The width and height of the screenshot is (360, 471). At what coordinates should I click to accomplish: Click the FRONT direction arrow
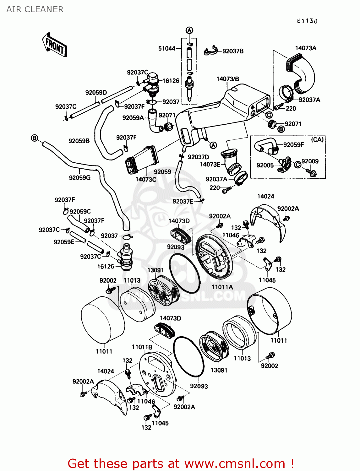(55, 45)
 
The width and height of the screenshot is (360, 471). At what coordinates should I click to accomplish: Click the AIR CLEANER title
(35, 9)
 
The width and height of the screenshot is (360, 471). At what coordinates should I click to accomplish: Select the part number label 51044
(166, 48)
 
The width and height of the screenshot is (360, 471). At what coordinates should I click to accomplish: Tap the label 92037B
(233, 51)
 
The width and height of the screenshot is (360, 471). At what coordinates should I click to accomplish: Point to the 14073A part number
(306, 48)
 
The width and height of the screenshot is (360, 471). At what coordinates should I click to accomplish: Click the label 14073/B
(227, 79)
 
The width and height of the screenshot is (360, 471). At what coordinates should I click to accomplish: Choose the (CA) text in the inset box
(317, 139)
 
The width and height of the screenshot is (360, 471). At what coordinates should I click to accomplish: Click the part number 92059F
(293, 145)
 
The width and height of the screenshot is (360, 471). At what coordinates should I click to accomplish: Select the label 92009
(310, 161)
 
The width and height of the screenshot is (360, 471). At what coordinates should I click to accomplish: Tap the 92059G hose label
(79, 178)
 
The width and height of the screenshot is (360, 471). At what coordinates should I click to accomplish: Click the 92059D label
(96, 92)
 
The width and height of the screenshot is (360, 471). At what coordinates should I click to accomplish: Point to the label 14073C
(146, 179)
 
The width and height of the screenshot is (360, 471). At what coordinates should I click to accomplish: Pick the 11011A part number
(222, 287)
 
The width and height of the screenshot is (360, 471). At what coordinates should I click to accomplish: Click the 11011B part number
(142, 347)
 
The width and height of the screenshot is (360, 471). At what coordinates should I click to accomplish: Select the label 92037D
(198, 157)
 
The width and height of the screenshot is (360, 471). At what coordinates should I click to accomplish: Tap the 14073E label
(210, 164)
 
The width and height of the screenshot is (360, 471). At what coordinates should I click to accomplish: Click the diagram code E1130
(307, 21)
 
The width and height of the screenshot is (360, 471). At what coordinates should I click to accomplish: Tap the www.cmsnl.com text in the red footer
(234, 463)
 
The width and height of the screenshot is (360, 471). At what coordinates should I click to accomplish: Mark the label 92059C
(80, 211)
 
